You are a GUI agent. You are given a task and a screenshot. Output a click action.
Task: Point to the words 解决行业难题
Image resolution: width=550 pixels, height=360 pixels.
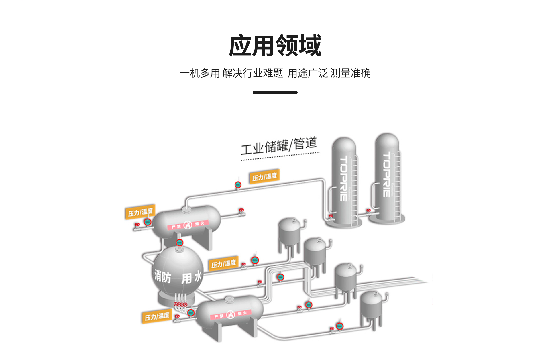[253, 73]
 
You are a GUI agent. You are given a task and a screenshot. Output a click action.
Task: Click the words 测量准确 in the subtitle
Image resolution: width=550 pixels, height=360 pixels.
[350, 73]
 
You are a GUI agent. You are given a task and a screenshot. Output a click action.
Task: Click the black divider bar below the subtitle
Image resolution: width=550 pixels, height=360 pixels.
[275, 93]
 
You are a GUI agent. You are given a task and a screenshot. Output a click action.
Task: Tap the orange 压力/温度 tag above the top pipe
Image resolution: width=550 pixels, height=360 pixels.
[264, 176]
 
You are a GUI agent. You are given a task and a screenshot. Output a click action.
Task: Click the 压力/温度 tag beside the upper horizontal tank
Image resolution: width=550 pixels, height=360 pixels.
[140, 212]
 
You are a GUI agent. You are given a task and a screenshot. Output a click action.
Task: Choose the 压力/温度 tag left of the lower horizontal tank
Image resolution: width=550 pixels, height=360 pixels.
[157, 316]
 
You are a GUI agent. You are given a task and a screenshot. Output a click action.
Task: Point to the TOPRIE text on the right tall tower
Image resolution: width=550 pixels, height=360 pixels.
[387, 175]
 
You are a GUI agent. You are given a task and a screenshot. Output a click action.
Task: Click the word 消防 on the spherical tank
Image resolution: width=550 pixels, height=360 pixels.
[163, 277]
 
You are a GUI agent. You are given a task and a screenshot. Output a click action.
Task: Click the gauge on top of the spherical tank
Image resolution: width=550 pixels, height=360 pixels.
[179, 243]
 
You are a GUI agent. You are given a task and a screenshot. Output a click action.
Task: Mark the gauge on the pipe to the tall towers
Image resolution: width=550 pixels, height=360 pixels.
[238, 185]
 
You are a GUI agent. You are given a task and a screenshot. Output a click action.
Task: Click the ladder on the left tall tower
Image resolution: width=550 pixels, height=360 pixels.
[355, 189]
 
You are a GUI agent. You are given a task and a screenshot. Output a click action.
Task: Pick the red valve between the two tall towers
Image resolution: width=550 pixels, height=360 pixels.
[368, 211]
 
